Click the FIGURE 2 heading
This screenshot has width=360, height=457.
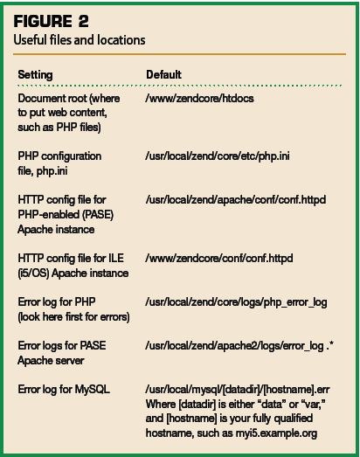[51, 21]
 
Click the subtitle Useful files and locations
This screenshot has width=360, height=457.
[80, 40]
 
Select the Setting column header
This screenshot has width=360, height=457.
[35, 75]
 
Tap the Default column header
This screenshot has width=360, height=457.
[163, 74]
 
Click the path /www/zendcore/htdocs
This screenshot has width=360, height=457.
[199, 99]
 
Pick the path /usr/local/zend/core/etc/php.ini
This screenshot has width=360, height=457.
[218, 156]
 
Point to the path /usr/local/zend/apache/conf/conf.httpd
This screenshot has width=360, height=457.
[236, 200]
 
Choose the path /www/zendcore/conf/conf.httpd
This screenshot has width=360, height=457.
[219, 259]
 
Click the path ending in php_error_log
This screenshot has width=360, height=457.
[236, 302]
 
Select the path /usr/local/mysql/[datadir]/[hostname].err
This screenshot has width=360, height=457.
[238, 390]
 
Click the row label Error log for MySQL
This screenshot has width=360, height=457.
[64, 390]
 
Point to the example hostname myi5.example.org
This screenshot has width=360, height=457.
[276, 433]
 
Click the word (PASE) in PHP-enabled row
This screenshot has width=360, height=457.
[98, 215]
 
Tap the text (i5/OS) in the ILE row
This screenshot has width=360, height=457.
[33, 274]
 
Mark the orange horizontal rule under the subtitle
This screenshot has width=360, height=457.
[179, 54]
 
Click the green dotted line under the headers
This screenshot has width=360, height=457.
[179, 86]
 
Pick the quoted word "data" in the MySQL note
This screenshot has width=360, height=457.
[272, 404]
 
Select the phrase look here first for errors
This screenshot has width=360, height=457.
[73, 317]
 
